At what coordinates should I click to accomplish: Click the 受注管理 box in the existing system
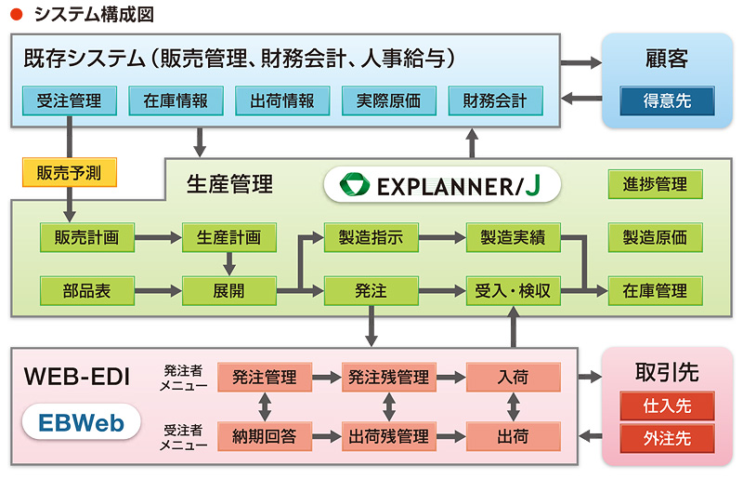(x=69, y=100)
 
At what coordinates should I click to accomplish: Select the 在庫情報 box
(x=176, y=100)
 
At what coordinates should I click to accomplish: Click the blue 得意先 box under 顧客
(x=668, y=100)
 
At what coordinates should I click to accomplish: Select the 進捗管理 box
(x=655, y=184)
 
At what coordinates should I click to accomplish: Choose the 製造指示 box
(x=371, y=237)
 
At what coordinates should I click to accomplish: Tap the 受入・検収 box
(x=513, y=291)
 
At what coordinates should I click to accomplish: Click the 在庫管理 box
(x=655, y=291)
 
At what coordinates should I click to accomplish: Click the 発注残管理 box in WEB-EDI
(x=388, y=378)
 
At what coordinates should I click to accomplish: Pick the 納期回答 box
(x=265, y=435)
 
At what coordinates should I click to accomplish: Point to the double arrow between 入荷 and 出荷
(x=514, y=406)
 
